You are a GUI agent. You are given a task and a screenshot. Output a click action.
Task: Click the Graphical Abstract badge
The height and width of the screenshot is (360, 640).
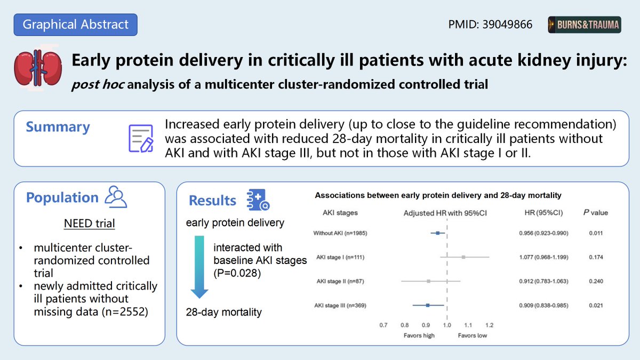click(x=75, y=24)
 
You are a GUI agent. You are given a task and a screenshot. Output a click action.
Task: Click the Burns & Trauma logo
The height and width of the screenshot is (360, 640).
click(x=584, y=25)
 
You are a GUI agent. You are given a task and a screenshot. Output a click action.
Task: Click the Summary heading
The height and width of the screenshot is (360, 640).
click(x=58, y=127)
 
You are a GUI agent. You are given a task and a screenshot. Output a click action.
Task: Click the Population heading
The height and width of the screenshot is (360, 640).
click(x=62, y=197)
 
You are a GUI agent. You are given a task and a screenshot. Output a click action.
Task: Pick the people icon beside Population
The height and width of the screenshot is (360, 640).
click(x=116, y=197)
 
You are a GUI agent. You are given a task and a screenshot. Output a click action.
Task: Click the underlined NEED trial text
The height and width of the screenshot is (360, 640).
click(x=89, y=223)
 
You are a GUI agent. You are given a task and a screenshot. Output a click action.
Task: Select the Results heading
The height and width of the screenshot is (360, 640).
click(x=212, y=201)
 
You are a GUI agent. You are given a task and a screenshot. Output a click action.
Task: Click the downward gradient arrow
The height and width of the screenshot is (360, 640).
click(x=199, y=266)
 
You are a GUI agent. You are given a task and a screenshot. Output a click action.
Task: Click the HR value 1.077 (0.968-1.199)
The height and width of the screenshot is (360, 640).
click(x=543, y=257)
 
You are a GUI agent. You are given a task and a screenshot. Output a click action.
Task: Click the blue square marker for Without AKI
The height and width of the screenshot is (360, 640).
click(x=438, y=233)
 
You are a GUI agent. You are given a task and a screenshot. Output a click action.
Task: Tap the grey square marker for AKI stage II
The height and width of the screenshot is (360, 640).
click(x=428, y=281)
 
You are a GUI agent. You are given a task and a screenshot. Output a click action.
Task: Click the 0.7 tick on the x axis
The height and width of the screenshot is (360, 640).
click(x=383, y=324)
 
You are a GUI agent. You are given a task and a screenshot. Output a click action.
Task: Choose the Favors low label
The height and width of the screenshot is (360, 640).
click(x=472, y=335)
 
